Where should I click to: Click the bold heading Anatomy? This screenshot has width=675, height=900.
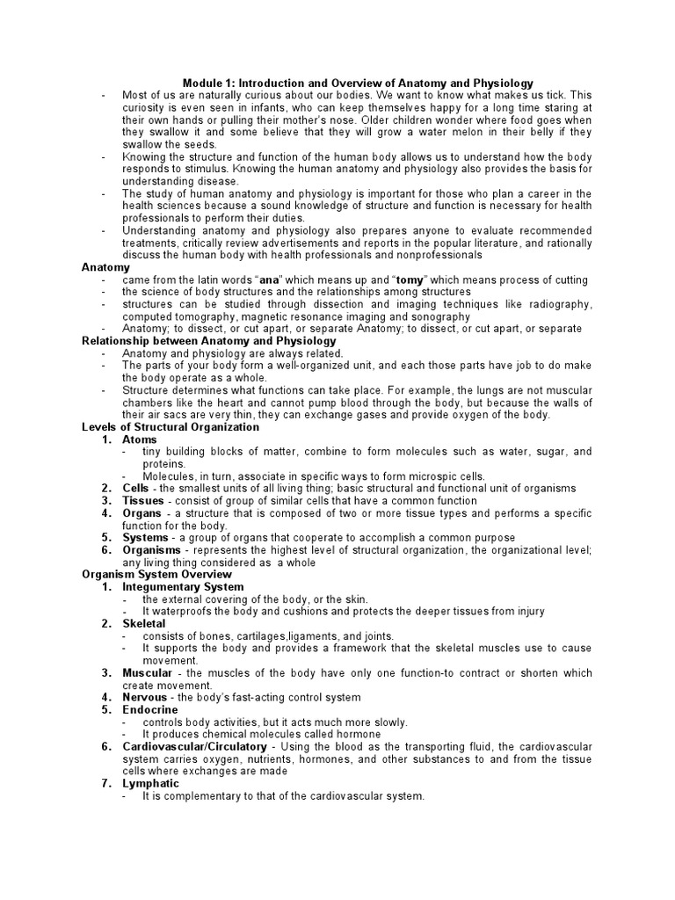(x=105, y=267)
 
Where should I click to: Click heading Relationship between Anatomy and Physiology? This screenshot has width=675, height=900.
(x=209, y=341)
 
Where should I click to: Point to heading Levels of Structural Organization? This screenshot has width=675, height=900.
(x=171, y=427)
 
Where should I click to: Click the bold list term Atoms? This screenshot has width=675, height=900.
(x=140, y=439)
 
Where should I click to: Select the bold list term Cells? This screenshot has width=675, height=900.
(x=135, y=489)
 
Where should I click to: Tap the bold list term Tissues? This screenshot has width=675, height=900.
(x=142, y=501)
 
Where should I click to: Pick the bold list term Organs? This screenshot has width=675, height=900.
(x=142, y=513)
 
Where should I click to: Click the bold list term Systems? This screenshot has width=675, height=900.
(x=145, y=538)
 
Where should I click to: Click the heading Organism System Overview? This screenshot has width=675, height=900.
(x=156, y=575)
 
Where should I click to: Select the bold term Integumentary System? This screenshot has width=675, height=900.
(x=183, y=587)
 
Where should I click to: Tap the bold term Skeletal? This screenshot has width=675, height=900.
(x=144, y=624)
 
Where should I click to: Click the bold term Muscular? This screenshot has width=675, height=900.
(x=147, y=673)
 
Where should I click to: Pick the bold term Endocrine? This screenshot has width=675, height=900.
(x=149, y=710)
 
